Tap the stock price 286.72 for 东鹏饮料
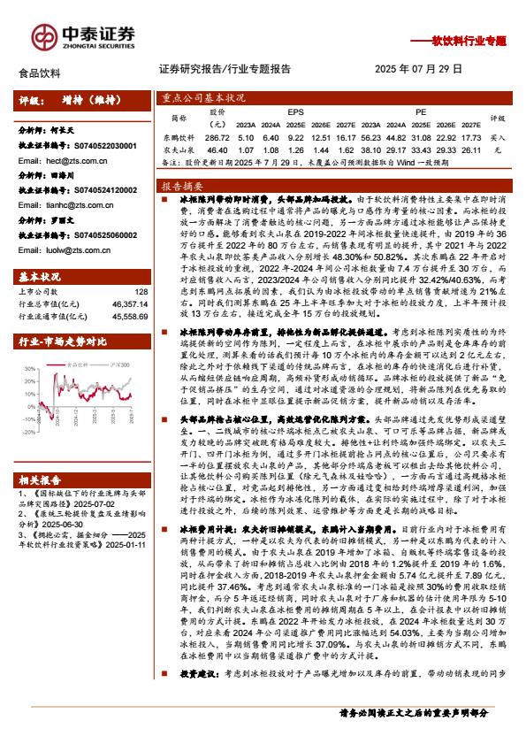tap(217, 138)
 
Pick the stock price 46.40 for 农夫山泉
tap(217, 151)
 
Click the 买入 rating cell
tap(497, 138)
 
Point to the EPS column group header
tap(295, 112)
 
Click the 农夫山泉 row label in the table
tap(179, 151)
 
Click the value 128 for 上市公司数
tap(141, 291)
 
